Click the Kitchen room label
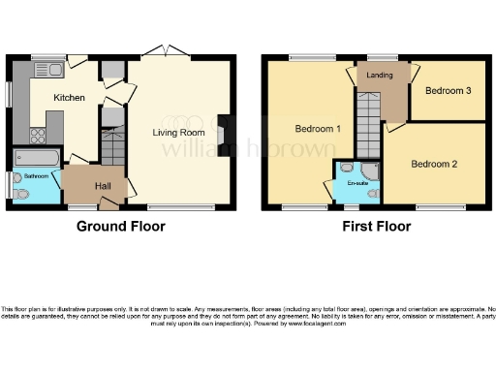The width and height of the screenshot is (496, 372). [x=68, y=98]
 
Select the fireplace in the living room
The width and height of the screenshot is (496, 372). [x=225, y=133]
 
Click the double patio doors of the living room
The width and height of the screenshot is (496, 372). [x=168, y=50]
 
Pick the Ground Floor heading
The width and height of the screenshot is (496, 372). [x=121, y=227]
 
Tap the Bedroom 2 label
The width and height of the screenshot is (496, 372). [x=433, y=163]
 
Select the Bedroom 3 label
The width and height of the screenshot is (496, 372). [x=448, y=91]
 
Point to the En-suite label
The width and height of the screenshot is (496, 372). [x=357, y=182]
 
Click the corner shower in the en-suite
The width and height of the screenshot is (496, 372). [x=373, y=171]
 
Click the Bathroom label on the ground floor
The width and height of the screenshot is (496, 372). [x=36, y=176]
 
